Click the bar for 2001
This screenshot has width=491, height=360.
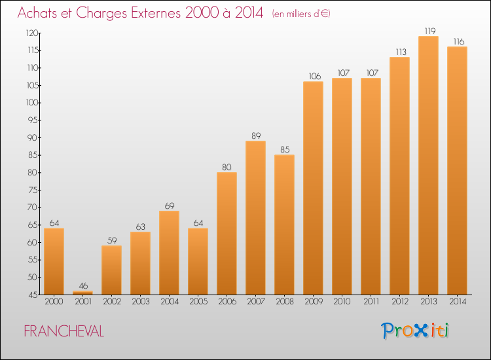point(82,293)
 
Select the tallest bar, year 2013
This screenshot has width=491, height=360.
point(428,166)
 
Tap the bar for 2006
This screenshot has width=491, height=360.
point(227,233)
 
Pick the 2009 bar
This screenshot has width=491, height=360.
point(313,188)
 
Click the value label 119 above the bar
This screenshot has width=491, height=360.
point(430,31)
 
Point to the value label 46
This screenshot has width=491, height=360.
point(83,286)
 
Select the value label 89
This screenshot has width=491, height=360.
point(256,136)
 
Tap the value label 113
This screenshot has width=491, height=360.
point(401,52)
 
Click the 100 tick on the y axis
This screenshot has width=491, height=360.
point(32,103)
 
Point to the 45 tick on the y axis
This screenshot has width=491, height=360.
point(33,295)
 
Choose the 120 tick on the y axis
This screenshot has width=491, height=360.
point(32,33)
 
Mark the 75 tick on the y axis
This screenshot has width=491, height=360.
point(33,190)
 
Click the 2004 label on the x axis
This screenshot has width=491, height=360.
point(170,302)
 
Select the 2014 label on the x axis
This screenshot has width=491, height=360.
point(458,302)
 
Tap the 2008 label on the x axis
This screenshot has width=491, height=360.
point(285,302)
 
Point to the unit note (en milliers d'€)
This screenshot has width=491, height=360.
point(301,14)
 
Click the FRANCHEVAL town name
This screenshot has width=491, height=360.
point(64,331)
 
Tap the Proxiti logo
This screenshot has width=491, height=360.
point(415,331)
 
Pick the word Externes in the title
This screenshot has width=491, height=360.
point(156,13)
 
